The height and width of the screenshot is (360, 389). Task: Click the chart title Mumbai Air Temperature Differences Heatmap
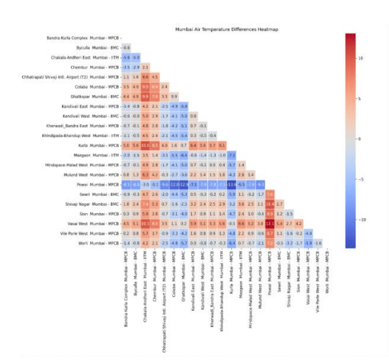coord(226,30)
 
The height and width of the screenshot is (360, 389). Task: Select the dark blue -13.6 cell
coord(232,185)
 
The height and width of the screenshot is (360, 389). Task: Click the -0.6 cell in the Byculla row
coord(126,48)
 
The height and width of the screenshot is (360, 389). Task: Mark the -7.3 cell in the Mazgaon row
coord(232,155)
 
